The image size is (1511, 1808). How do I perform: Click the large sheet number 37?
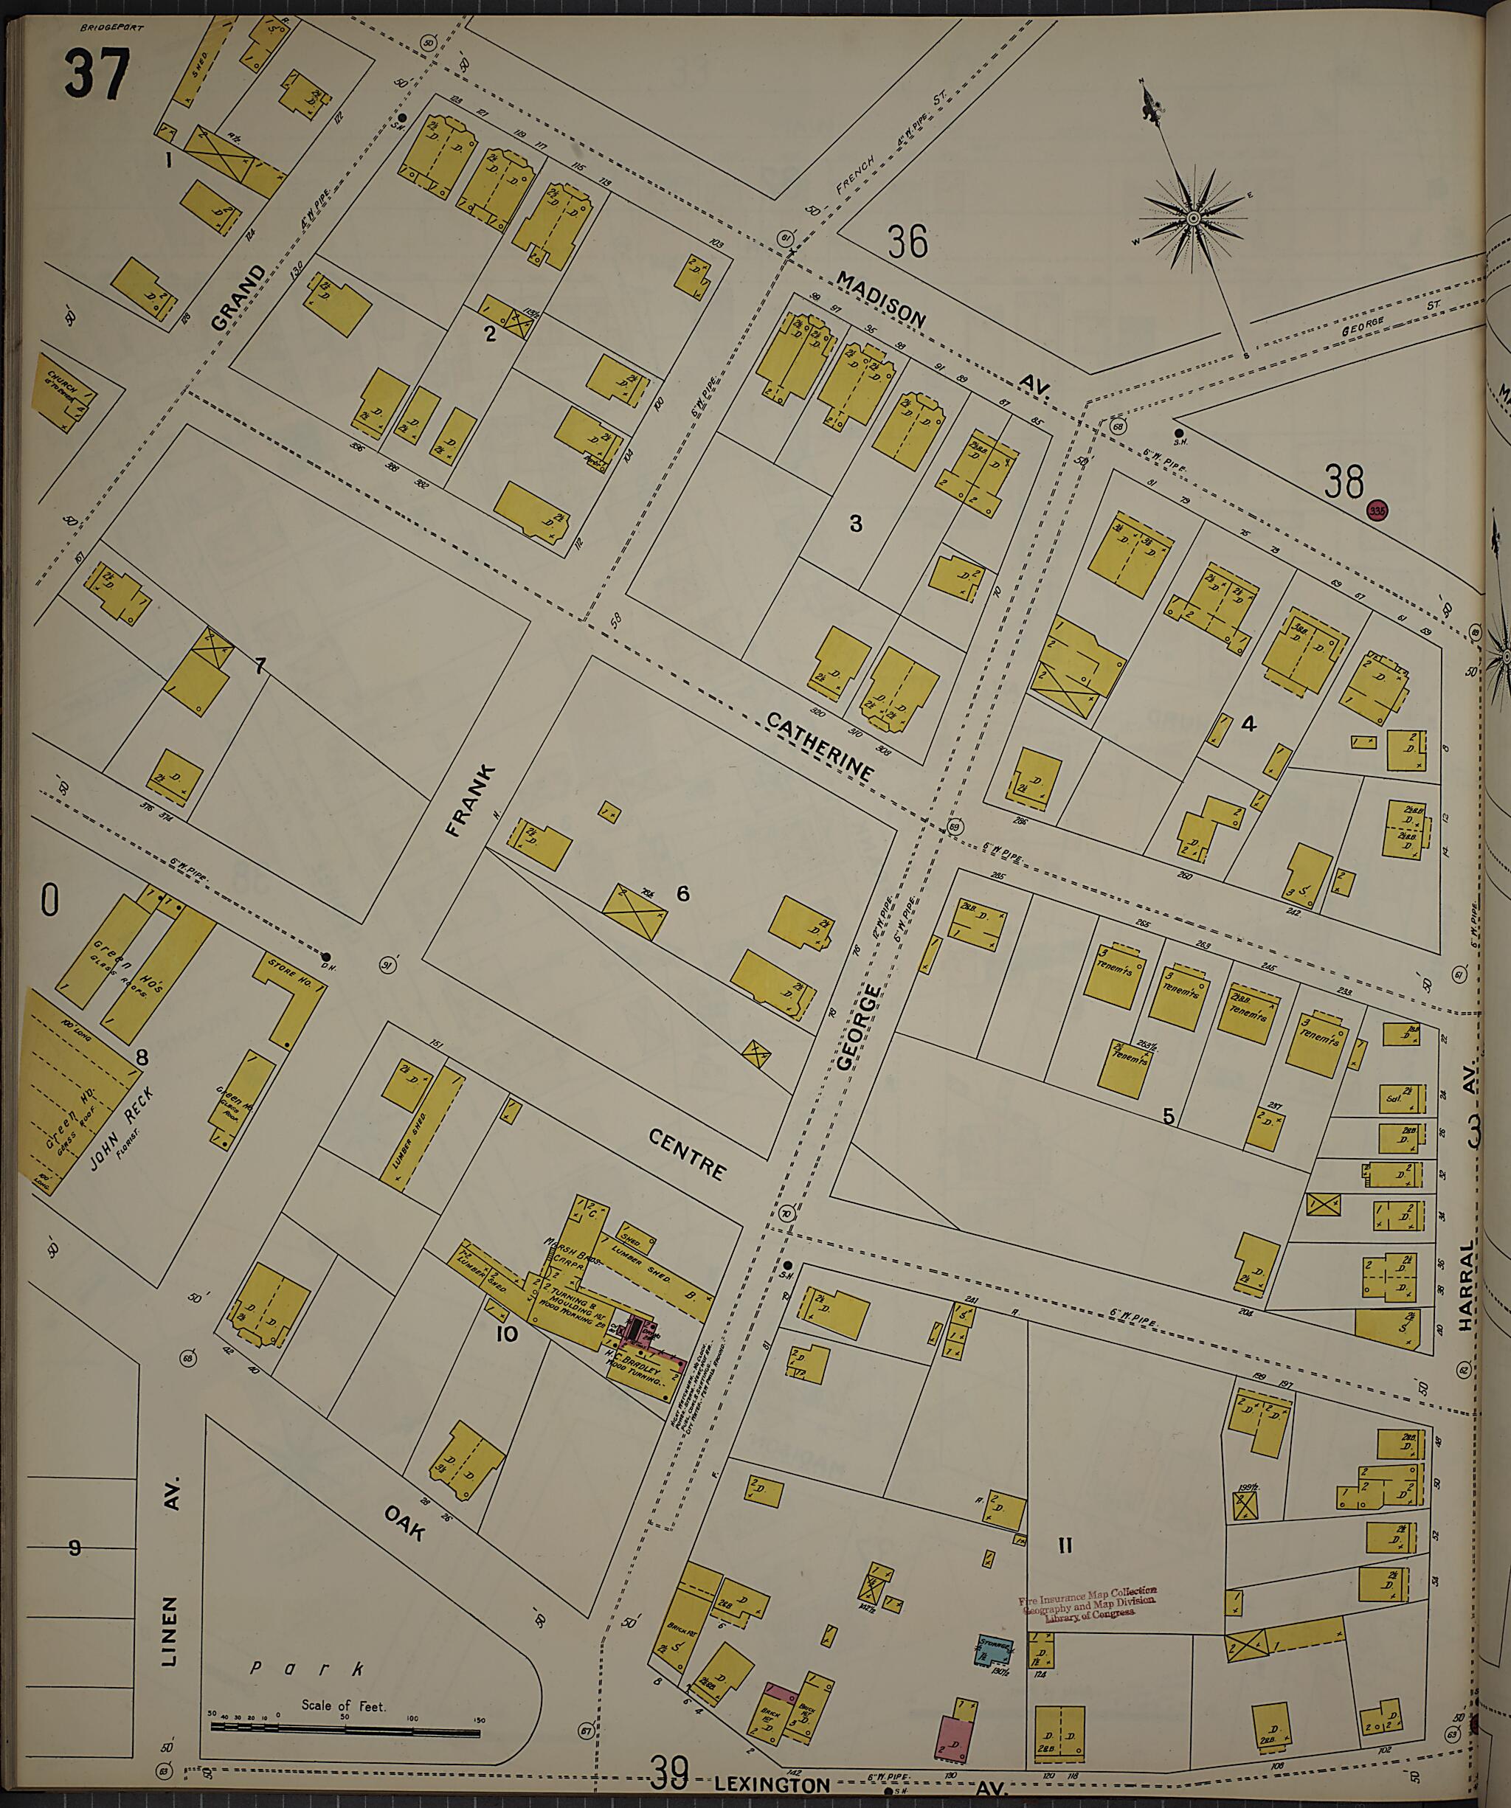(x=96, y=76)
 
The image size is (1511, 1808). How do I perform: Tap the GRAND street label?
(x=238, y=297)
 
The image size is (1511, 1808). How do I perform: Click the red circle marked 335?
(x=1377, y=510)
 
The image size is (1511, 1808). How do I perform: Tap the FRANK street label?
(x=471, y=800)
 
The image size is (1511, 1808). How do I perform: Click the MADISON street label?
(x=882, y=299)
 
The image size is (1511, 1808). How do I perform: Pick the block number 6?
(x=682, y=893)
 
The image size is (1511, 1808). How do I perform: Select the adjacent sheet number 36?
(x=908, y=242)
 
